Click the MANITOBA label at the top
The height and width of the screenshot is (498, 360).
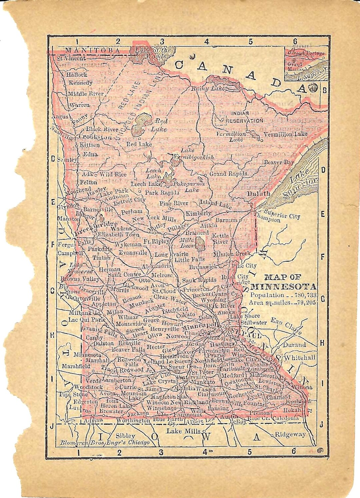pyautogui.click(x=92, y=50)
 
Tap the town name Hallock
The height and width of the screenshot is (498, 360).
pyautogui.click(x=76, y=75)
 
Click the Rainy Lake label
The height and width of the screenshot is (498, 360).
pyautogui.click(x=209, y=89)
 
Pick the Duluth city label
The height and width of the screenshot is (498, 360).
pyautogui.click(x=259, y=193)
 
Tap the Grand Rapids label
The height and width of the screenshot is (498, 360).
pyautogui.click(x=228, y=174)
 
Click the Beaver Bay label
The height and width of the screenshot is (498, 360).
pyautogui.click(x=279, y=162)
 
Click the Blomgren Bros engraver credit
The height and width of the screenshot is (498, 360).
pyautogui.click(x=105, y=443)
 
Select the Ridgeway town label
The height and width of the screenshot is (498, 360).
pyautogui.click(x=290, y=434)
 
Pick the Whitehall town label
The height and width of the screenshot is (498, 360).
pyautogui.click(x=299, y=357)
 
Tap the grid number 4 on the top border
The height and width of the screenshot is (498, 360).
pyautogui.click(x=206, y=42)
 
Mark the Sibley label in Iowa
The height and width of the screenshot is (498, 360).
pyautogui.click(x=125, y=436)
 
